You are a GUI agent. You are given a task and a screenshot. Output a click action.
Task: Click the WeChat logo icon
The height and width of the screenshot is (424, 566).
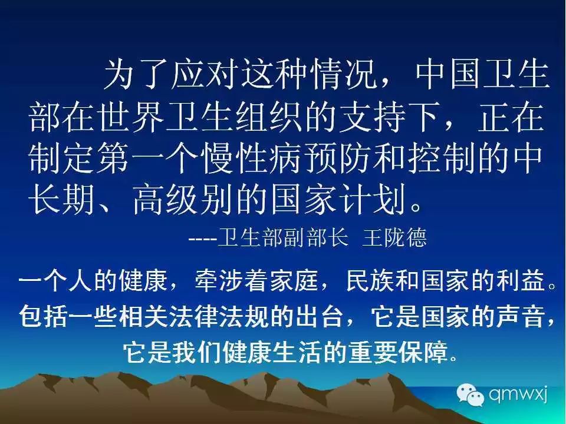[x=470, y=395]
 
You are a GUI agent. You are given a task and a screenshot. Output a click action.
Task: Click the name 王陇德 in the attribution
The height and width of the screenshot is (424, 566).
[x=394, y=237]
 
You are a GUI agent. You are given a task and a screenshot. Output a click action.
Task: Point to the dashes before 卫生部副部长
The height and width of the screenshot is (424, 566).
[x=202, y=239]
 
